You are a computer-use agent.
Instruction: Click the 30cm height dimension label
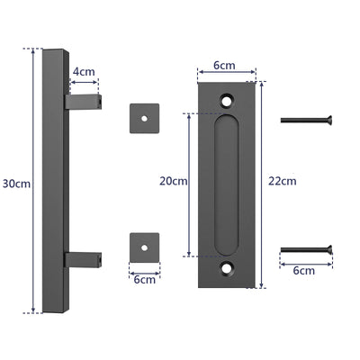click(x=15, y=184)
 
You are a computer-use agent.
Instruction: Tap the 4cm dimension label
click(x=84, y=70)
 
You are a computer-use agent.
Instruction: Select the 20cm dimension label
click(x=173, y=181)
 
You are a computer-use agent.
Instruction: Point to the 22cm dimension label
click(x=282, y=181)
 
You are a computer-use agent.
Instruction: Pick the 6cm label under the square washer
click(x=144, y=280)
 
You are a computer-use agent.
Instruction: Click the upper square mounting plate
click(x=144, y=117)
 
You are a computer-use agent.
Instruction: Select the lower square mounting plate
click(x=144, y=245)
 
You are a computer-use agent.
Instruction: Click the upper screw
click(x=306, y=119)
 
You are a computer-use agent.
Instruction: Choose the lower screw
click(x=306, y=250)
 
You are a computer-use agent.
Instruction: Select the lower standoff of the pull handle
click(x=83, y=260)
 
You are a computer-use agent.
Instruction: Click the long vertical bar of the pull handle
click(x=54, y=180)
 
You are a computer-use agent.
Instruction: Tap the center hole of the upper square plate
click(x=144, y=117)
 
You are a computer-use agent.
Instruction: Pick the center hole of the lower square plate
click(x=144, y=245)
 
